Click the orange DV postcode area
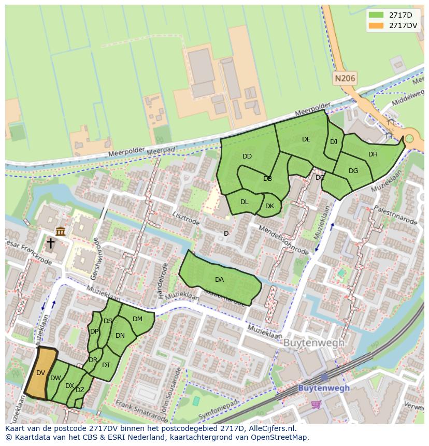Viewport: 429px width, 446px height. click(41, 372)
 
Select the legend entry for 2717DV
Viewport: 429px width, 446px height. click(393, 25)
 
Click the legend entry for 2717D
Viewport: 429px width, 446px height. click(393, 15)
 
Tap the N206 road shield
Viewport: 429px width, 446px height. click(345, 79)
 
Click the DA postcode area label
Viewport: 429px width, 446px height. click(219, 280)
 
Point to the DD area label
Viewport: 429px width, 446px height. click(247, 156)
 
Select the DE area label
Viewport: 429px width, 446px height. click(306, 139)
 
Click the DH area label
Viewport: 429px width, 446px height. click(373, 154)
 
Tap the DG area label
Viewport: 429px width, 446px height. click(353, 171)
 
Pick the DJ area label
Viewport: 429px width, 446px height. click(334, 142)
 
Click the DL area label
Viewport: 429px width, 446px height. click(245, 202)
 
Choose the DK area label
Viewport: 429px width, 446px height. click(269, 206)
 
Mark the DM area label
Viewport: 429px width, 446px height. click(137, 319)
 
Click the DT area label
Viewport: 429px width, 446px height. click(106, 365)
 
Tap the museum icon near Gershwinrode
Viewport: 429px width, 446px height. click(61, 231)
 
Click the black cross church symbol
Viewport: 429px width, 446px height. click(50, 243)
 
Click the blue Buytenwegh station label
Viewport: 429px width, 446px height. click(324, 388)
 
